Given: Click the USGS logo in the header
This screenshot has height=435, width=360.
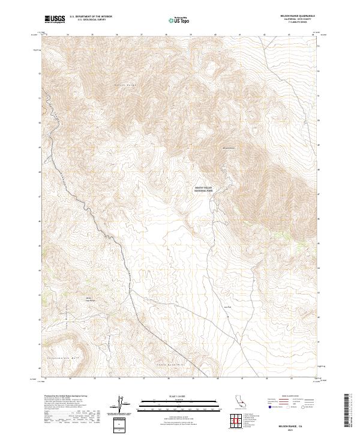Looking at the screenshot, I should coord(55,19).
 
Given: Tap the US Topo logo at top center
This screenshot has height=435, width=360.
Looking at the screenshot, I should coord(181,20).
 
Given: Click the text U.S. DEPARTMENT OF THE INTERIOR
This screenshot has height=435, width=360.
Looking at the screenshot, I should coord(91,17).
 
